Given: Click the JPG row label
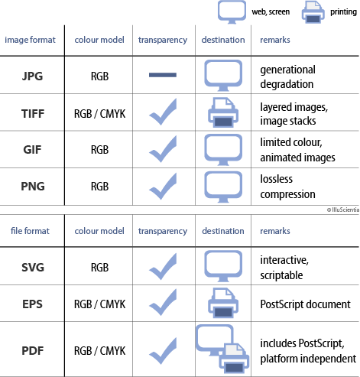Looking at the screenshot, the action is point(32,76).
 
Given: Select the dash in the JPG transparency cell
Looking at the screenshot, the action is point(163,75).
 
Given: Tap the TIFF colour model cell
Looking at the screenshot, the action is point(99,114).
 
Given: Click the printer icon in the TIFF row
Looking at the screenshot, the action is point(223,112).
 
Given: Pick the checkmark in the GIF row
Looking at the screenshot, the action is point(163,149).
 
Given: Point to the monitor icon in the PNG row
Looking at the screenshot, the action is point(223,187).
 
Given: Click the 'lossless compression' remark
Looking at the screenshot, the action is point(287,187).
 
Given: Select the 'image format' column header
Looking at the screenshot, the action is point(30,40).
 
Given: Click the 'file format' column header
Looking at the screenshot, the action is point(30,231).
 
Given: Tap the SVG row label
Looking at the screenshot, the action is point(33,268).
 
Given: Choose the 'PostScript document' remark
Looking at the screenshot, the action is point(305,304).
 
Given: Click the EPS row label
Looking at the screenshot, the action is point(32,304).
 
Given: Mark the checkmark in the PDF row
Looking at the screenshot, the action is point(163,351).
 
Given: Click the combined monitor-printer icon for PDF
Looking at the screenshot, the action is point(222,349).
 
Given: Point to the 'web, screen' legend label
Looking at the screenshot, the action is point(271,11).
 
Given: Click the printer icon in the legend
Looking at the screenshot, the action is point(313,12).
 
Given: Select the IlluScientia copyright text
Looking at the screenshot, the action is point(343,210).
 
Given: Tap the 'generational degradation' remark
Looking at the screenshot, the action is point(287,76).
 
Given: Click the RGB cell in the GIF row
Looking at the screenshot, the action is point(99,150).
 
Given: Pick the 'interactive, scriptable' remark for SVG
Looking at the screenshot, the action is point(284,268).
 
